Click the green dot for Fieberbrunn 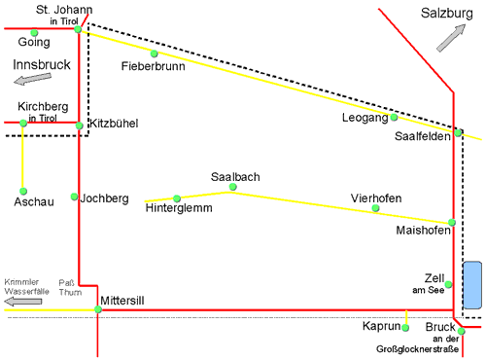point(154,54)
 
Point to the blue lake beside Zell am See point(472,286)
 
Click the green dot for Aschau point(21,191)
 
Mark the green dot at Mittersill point(98,309)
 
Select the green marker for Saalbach point(233,187)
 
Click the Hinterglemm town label point(179,208)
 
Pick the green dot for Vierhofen point(376,209)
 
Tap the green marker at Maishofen point(451,223)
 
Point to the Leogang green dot point(394,118)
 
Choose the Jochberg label point(105,198)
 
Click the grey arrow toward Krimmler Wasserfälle point(21,303)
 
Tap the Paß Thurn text point(71,285)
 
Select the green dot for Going point(22,31)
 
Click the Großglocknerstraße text point(418,348)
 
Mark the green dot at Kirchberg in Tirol point(22,123)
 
